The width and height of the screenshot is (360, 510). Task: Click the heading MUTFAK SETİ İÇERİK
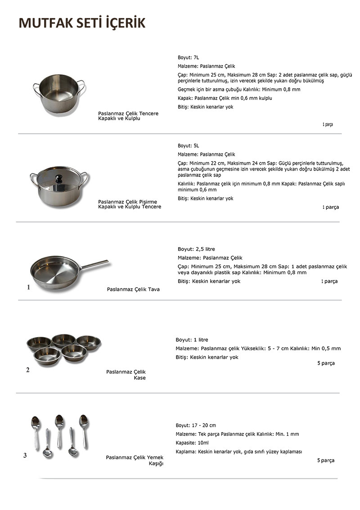click(x=82, y=23)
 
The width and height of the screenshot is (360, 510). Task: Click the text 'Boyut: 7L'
click(x=188, y=58)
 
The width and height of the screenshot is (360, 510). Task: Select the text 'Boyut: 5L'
click(x=188, y=146)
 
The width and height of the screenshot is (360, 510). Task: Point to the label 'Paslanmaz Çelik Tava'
click(x=133, y=289)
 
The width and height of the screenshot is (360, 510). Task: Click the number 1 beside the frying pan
click(x=28, y=287)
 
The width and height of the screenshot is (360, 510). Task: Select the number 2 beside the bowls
click(x=28, y=370)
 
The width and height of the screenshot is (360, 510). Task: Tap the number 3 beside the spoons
click(x=25, y=455)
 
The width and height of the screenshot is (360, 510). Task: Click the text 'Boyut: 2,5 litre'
click(x=196, y=249)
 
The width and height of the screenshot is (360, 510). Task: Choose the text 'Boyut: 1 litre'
click(x=192, y=340)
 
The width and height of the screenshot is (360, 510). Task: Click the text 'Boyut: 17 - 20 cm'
click(x=196, y=425)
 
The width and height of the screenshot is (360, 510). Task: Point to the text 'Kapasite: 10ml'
click(x=192, y=443)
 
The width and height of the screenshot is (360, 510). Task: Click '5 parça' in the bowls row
click(x=326, y=363)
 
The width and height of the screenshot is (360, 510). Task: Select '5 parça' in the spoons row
click(x=325, y=460)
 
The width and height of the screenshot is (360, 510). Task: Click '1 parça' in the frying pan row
click(x=329, y=281)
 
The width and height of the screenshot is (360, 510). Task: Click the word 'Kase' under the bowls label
click(x=140, y=378)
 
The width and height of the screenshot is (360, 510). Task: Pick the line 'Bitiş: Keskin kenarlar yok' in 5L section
click(x=206, y=199)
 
